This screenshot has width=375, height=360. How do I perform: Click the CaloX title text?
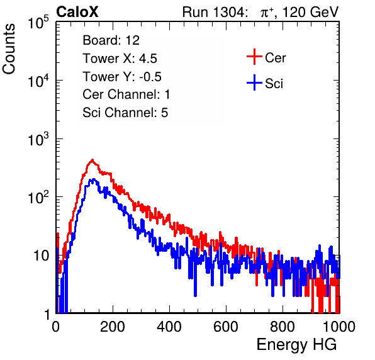click(77, 12)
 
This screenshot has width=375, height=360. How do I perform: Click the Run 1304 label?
click(214, 12)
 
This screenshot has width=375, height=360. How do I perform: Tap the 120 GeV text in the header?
click(310, 12)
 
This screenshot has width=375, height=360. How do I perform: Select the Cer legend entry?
click(266, 57)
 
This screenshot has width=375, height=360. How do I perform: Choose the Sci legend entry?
click(265, 83)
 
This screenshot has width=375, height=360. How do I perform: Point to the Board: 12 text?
click(111, 40)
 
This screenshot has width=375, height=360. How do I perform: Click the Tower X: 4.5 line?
click(120, 59)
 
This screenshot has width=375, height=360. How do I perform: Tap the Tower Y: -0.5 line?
click(122, 77)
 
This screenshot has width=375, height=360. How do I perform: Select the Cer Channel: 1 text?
click(126, 94)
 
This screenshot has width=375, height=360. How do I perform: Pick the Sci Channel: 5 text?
click(125, 113)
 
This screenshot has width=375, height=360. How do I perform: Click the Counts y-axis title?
click(9, 49)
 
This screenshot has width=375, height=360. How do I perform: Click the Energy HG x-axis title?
click(296, 345)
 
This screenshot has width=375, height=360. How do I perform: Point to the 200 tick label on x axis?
click(113, 327)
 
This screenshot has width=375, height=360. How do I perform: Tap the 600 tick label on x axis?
click(226, 327)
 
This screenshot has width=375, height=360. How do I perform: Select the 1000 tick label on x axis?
click(339, 327)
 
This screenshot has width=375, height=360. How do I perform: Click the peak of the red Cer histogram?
click(92, 160)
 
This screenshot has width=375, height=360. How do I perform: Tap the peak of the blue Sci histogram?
click(94, 179)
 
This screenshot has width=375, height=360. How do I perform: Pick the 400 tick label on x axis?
click(169, 327)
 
